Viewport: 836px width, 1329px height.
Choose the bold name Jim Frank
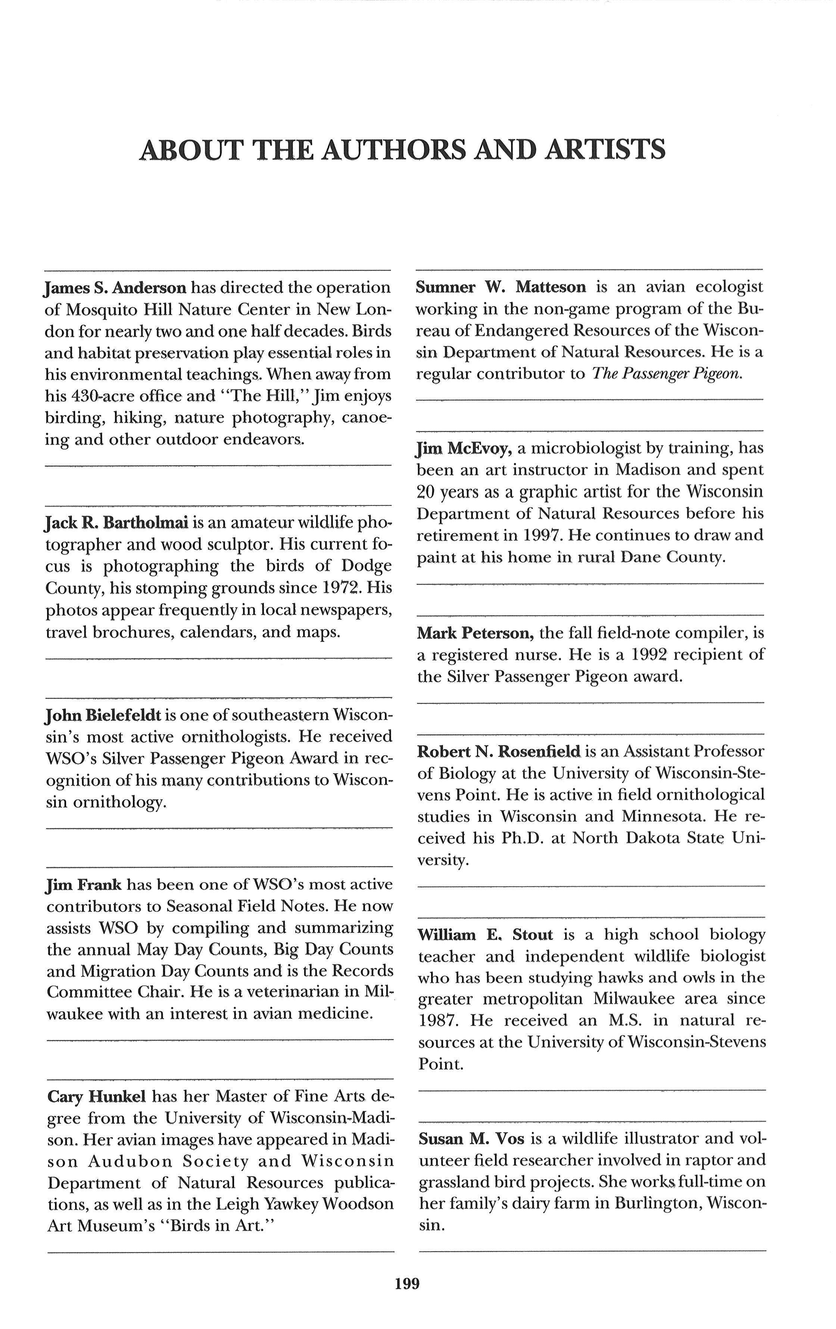pyautogui.click(x=84, y=885)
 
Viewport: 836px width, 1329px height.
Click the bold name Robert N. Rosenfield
pyautogui.click(x=499, y=751)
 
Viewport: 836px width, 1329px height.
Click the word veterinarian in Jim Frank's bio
pyautogui.click(x=283, y=992)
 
